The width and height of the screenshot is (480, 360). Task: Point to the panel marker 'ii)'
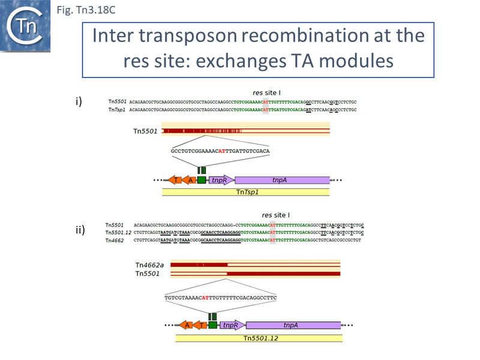80,230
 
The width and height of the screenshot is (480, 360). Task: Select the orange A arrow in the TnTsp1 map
189,180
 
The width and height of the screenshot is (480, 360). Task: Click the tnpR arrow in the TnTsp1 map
221,180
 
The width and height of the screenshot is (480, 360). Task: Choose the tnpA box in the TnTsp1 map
282,180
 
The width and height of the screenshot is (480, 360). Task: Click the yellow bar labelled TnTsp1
246,192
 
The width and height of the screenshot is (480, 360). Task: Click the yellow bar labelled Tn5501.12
259,338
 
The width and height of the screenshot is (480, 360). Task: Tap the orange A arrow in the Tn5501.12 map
186,325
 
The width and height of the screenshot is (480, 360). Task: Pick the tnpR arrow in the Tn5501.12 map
232,325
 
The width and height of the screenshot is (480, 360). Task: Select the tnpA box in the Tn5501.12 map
293,325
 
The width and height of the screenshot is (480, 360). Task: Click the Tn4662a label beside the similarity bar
150,264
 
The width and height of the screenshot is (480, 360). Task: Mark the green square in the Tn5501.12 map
212,325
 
